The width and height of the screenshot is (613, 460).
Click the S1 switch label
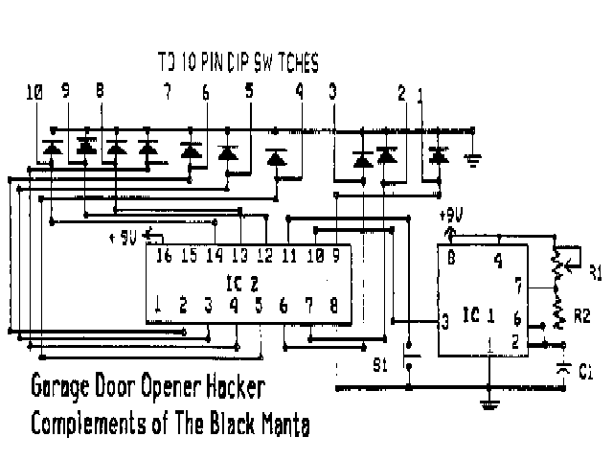click(x=381, y=365)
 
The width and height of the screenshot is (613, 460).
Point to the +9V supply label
click(x=451, y=216)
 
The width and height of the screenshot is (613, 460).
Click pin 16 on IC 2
click(x=163, y=256)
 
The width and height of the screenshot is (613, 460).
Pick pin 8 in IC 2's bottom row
click(x=333, y=306)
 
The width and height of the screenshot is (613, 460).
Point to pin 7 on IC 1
click(x=518, y=285)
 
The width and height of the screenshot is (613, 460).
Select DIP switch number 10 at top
click(x=34, y=93)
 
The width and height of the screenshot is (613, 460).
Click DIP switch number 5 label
click(x=250, y=93)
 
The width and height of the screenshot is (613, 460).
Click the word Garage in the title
click(x=60, y=389)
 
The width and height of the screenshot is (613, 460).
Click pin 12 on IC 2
click(x=264, y=256)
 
